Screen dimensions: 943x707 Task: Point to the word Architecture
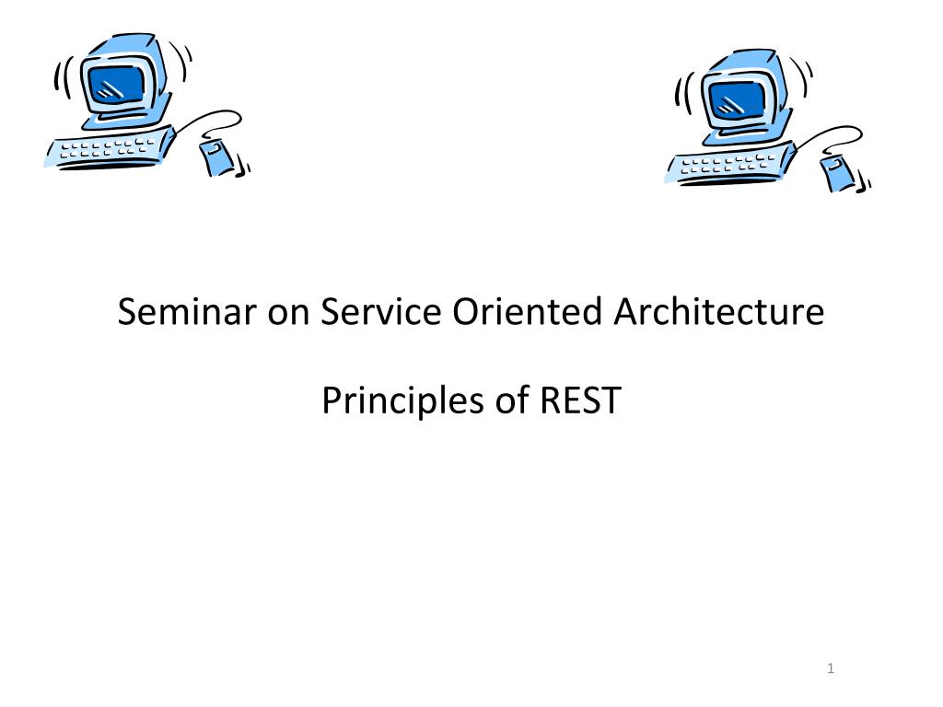[718, 311]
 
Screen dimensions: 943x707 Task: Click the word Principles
[403, 401]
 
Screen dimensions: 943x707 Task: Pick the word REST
[580, 400]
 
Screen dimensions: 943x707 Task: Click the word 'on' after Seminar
[288, 314]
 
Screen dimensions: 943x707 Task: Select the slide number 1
[831, 668]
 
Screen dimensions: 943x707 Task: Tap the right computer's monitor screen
[736, 99]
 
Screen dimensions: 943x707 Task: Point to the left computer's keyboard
[110, 148]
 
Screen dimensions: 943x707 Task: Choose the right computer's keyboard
[730, 164]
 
